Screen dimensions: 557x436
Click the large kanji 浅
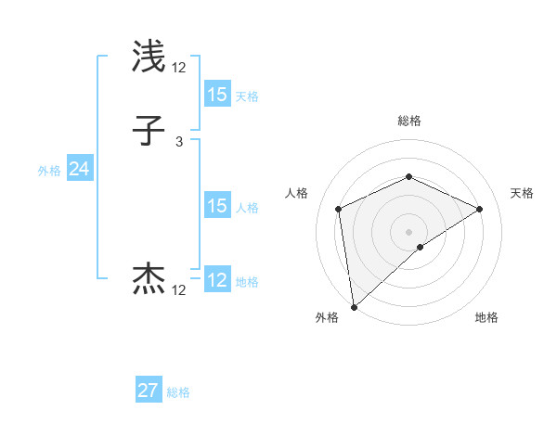pyautogui.click(x=149, y=58)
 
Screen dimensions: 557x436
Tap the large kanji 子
pyautogui.click(x=149, y=132)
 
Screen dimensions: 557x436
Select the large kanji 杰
pyautogui.click(x=149, y=279)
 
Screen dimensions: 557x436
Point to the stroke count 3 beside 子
pyautogui.click(x=178, y=142)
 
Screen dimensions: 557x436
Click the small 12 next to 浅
pyautogui.click(x=179, y=67)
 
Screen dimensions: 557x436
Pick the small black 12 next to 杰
pyautogui.click(x=179, y=290)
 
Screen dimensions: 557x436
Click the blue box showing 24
pyautogui.click(x=79, y=169)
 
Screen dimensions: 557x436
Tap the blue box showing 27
pyautogui.click(x=149, y=391)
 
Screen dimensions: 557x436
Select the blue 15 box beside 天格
pyautogui.click(x=216, y=95)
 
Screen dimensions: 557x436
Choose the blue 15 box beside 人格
pyautogui.click(x=216, y=206)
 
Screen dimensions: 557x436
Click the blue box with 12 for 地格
pyautogui.click(x=216, y=280)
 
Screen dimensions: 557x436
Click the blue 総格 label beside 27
pyautogui.click(x=178, y=392)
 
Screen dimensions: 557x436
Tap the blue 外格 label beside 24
pyautogui.click(x=49, y=171)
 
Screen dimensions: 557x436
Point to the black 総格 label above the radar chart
pyautogui.click(x=408, y=121)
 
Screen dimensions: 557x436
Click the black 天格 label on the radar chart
pyautogui.click(x=523, y=193)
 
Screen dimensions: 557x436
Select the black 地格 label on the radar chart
pyautogui.click(x=486, y=317)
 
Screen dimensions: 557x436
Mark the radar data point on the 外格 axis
pyautogui.click(x=353, y=307)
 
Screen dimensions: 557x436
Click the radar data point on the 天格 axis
pyautogui.click(x=480, y=209)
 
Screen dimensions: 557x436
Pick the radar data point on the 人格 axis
pyautogui.click(x=339, y=209)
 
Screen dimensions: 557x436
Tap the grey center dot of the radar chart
pyautogui.click(x=408, y=231)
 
